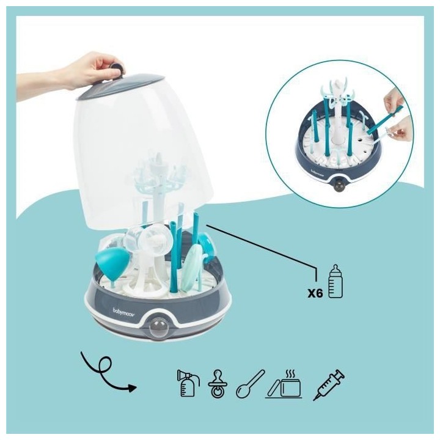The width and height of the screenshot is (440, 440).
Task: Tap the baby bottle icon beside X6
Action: click(x=334, y=282)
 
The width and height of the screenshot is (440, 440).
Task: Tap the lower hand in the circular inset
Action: click(x=400, y=129)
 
